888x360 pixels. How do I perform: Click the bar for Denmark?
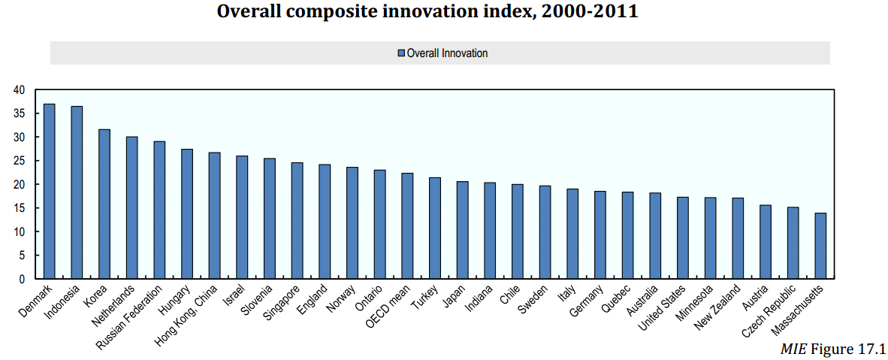click(50, 192)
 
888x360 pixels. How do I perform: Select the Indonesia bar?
click(77, 193)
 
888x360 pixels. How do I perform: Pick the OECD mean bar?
click(407, 226)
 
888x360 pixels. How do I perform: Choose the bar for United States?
click(683, 238)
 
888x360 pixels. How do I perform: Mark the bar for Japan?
click(462, 230)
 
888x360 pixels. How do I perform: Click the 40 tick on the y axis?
click(19, 90)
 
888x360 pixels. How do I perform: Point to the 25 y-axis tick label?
click(19, 161)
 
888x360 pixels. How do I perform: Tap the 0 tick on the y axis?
click(22, 279)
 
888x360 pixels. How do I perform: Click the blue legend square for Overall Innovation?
click(401, 53)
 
